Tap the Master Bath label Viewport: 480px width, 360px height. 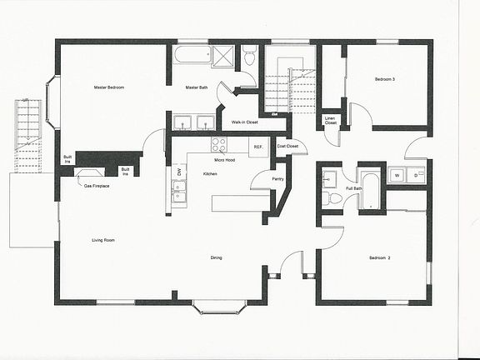click(197, 87)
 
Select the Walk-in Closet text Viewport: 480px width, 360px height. click(245, 122)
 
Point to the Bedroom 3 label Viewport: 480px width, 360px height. click(384, 78)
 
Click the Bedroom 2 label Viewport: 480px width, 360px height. click(380, 257)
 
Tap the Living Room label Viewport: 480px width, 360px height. click(103, 241)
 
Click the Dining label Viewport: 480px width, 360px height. click(216, 257)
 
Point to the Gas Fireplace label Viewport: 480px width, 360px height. click(97, 185)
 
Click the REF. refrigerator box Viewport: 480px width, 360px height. click(259, 147)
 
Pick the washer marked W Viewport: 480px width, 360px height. click(397, 175)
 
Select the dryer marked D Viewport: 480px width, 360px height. click(416, 175)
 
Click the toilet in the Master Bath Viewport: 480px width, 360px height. click(249, 57)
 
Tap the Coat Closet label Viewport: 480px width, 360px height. click(287, 147)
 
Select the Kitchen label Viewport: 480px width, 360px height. click(211, 173)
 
